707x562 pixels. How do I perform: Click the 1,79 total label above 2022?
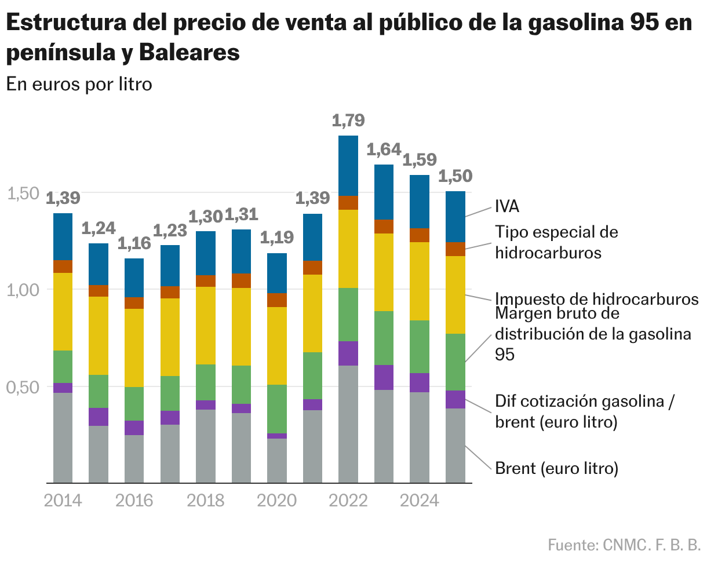click(x=348, y=121)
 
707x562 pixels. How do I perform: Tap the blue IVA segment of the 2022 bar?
click(x=348, y=166)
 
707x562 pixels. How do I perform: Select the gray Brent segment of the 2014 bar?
click(x=63, y=437)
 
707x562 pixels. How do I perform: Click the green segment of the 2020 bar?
click(x=277, y=408)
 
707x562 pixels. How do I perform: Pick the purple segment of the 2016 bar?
click(x=134, y=428)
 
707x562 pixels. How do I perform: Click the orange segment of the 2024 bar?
click(x=420, y=235)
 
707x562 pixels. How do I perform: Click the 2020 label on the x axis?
click(x=277, y=500)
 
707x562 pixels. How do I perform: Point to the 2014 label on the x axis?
click(x=63, y=500)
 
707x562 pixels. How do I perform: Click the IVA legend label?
click(x=508, y=207)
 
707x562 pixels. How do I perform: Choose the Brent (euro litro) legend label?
click(x=556, y=468)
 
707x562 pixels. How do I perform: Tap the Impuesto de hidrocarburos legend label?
click(x=597, y=299)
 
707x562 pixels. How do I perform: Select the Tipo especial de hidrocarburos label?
click(x=556, y=243)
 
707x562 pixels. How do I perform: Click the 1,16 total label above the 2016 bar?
click(x=134, y=243)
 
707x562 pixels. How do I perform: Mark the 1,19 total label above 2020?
click(x=277, y=238)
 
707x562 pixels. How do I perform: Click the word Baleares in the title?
click(x=189, y=53)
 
